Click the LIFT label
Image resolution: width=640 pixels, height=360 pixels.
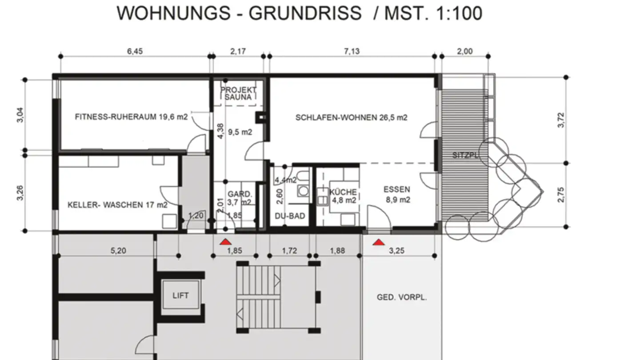coord(180,296)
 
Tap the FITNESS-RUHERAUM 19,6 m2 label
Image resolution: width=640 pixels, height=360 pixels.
coord(132,117)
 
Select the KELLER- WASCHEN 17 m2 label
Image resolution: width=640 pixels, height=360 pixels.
coord(117,205)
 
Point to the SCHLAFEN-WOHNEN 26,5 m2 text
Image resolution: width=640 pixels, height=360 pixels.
coord(352,117)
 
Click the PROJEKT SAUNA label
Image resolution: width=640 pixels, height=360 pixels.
coord(238,93)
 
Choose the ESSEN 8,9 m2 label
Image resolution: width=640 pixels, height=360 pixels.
coord(397,195)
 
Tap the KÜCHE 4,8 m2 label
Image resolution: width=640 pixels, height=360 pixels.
coord(344,196)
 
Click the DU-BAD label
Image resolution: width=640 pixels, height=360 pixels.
coord(290,216)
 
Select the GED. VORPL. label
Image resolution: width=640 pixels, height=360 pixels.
coord(402,297)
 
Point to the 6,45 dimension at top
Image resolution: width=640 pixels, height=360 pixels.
coord(135,52)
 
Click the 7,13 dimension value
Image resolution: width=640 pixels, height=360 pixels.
coord(352,52)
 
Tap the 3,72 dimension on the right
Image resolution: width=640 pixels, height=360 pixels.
coord(561,120)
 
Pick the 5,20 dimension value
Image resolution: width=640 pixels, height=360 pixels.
coord(118,251)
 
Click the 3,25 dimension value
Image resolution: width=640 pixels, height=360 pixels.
coord(397,251)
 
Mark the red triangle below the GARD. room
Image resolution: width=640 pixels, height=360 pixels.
coord(225,242)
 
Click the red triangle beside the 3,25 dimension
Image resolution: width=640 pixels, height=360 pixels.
coord(379,242)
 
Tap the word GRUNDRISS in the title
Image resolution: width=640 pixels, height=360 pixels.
coord(305,13)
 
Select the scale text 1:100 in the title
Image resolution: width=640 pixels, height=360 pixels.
coord(459,13)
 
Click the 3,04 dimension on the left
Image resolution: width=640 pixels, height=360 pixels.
coord(20,115)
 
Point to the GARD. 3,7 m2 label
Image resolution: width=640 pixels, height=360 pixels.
coord(240,198)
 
